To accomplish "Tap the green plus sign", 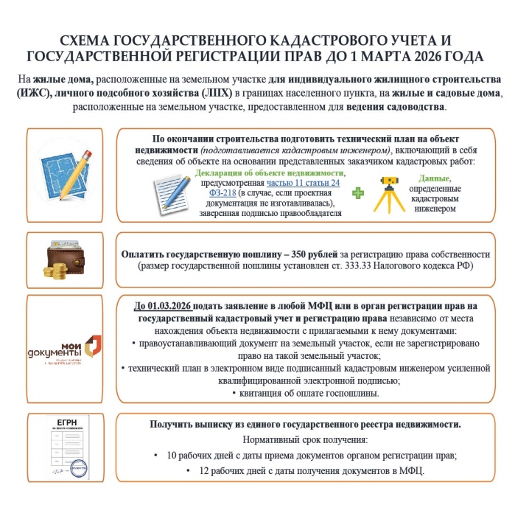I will [358, 193].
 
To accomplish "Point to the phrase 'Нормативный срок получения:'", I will [305, 439].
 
